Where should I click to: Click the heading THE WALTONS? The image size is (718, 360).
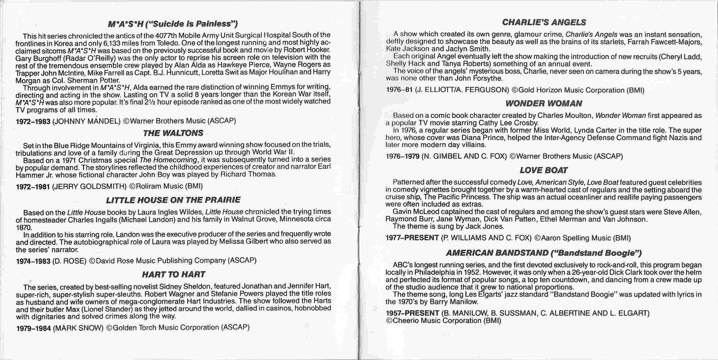(x=173, y=133)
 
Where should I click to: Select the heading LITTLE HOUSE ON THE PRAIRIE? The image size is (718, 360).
(x=173, y=200)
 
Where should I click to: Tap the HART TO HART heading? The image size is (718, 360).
(x=173, y=274)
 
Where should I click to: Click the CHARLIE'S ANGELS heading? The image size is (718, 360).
(x=543, y=22)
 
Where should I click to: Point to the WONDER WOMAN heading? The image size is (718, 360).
(x=543, y=103)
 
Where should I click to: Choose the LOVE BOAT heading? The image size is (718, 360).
(x=543, y=170)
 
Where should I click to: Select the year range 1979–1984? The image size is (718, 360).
(x=33, y=328)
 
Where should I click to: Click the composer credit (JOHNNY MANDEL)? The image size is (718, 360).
(x=87, y=121)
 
